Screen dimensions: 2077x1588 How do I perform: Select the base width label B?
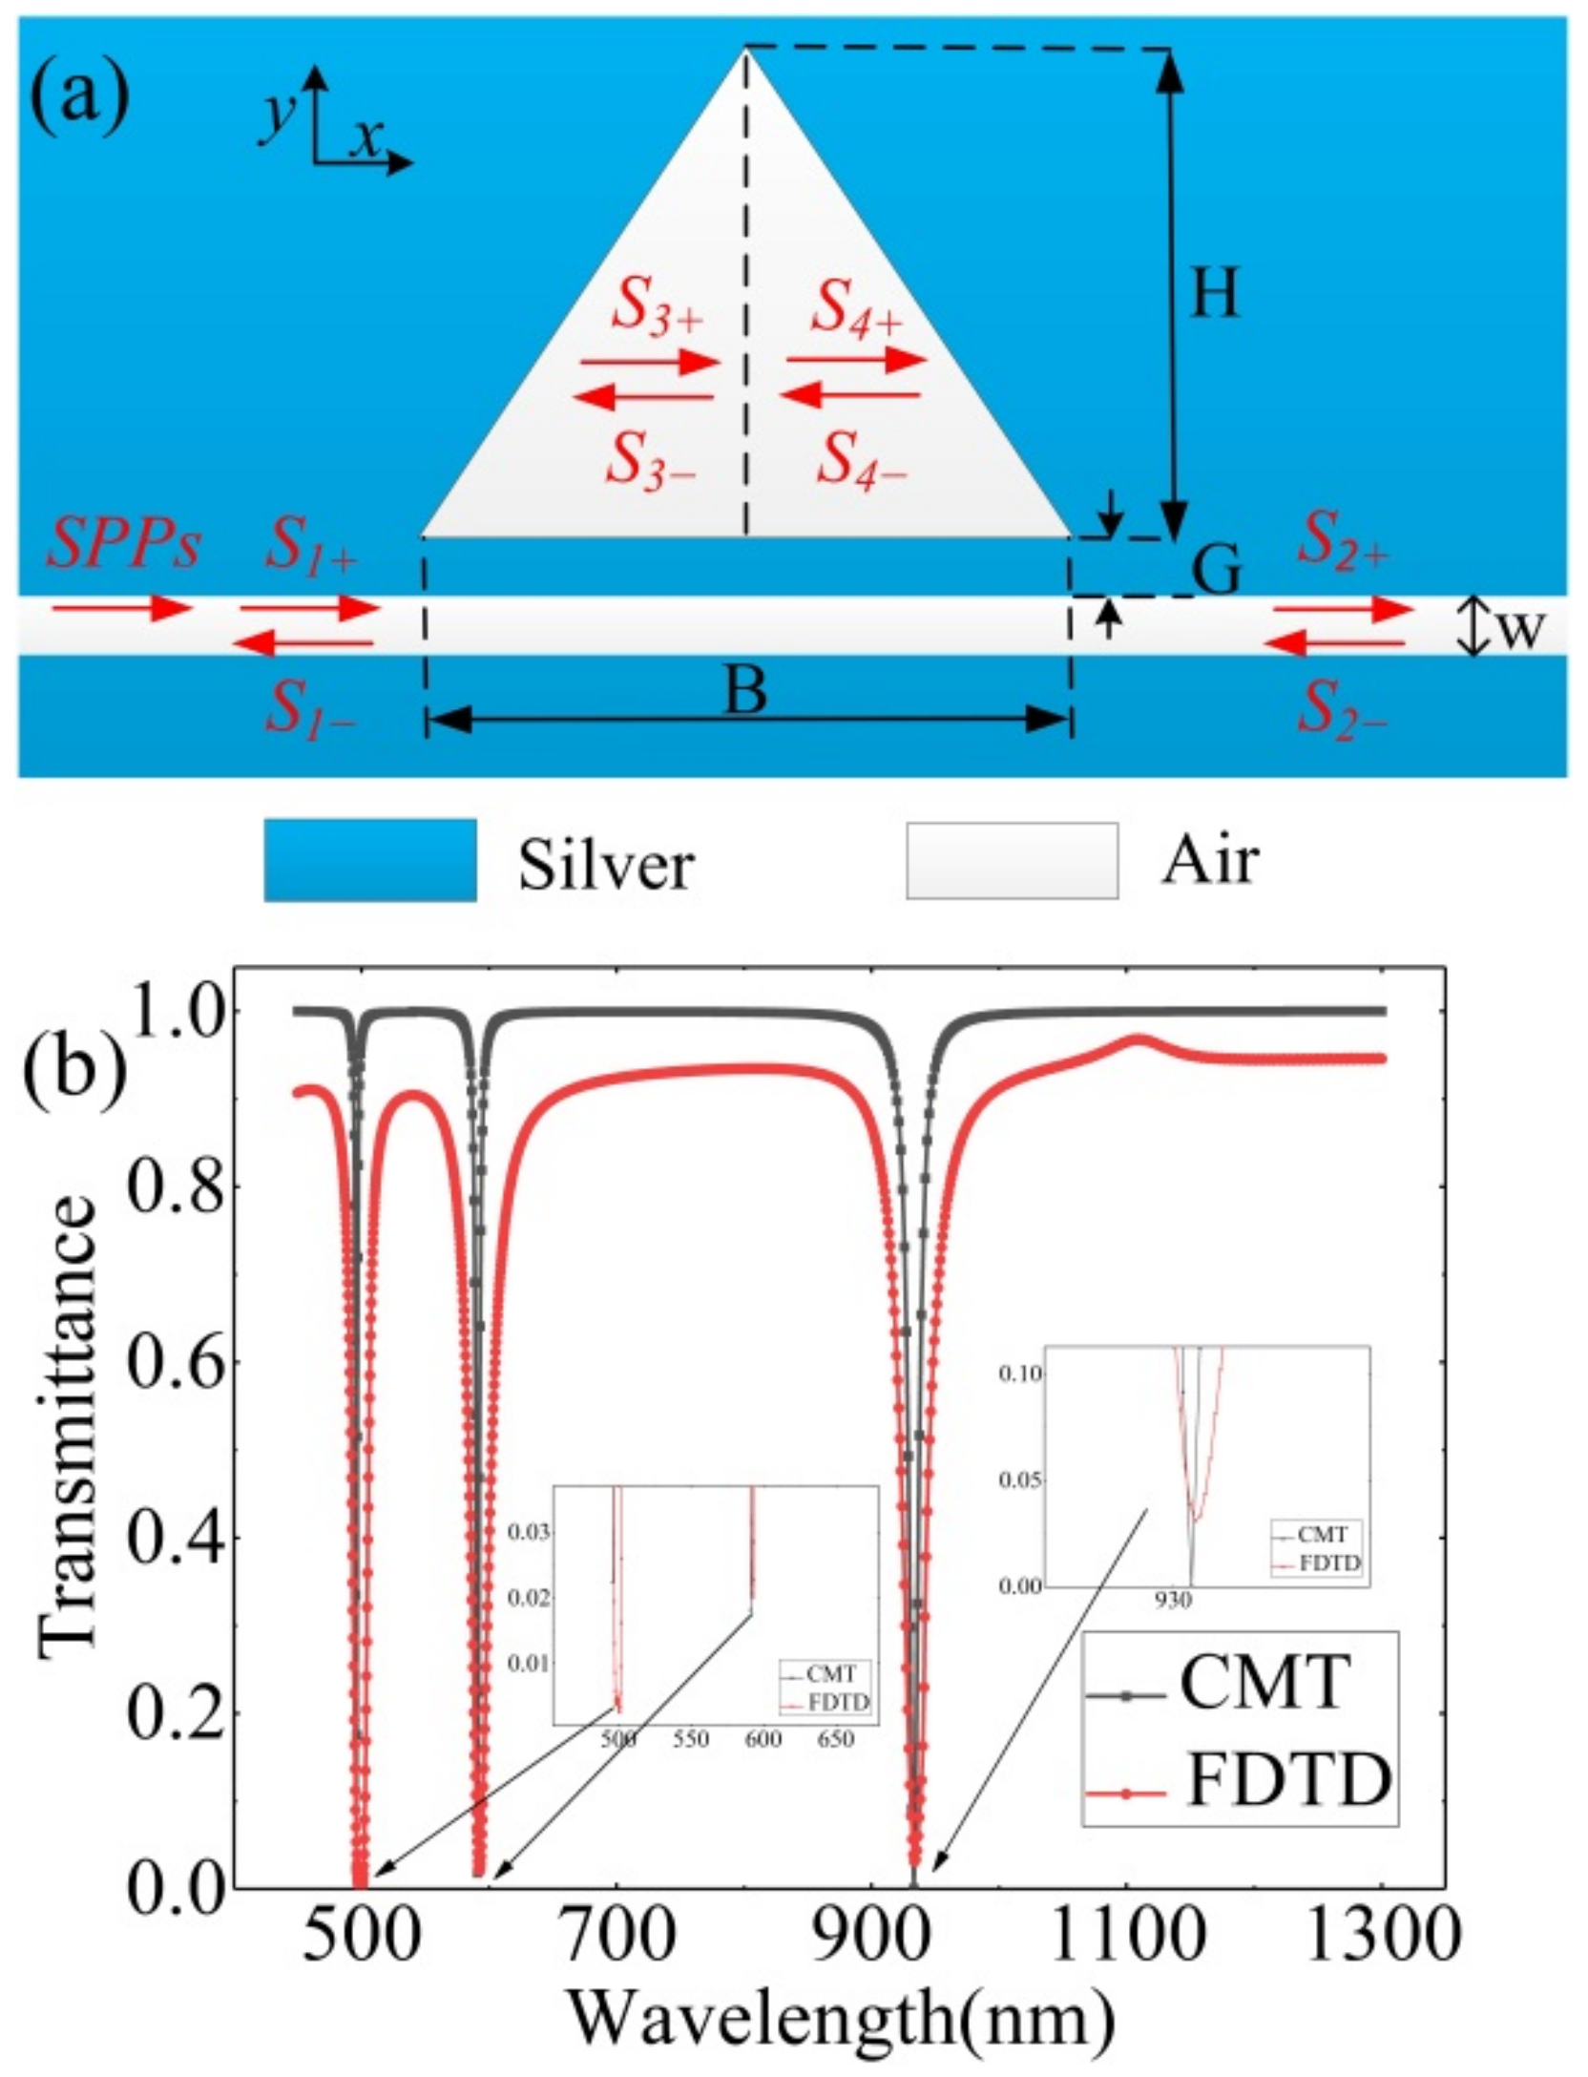[x=745, y=691]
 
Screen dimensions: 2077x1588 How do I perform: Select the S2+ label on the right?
[x=1341, y=544]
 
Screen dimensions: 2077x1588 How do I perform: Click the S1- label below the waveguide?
[x=310, y=709]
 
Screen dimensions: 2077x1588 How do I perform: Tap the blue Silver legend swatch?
[x=370, y=859]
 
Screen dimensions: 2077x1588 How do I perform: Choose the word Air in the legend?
[x=1210, y=860]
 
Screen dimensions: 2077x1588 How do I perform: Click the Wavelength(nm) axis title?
[x=842, y=2017]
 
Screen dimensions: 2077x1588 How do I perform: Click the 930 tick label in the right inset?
[x=1173, y=1600]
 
